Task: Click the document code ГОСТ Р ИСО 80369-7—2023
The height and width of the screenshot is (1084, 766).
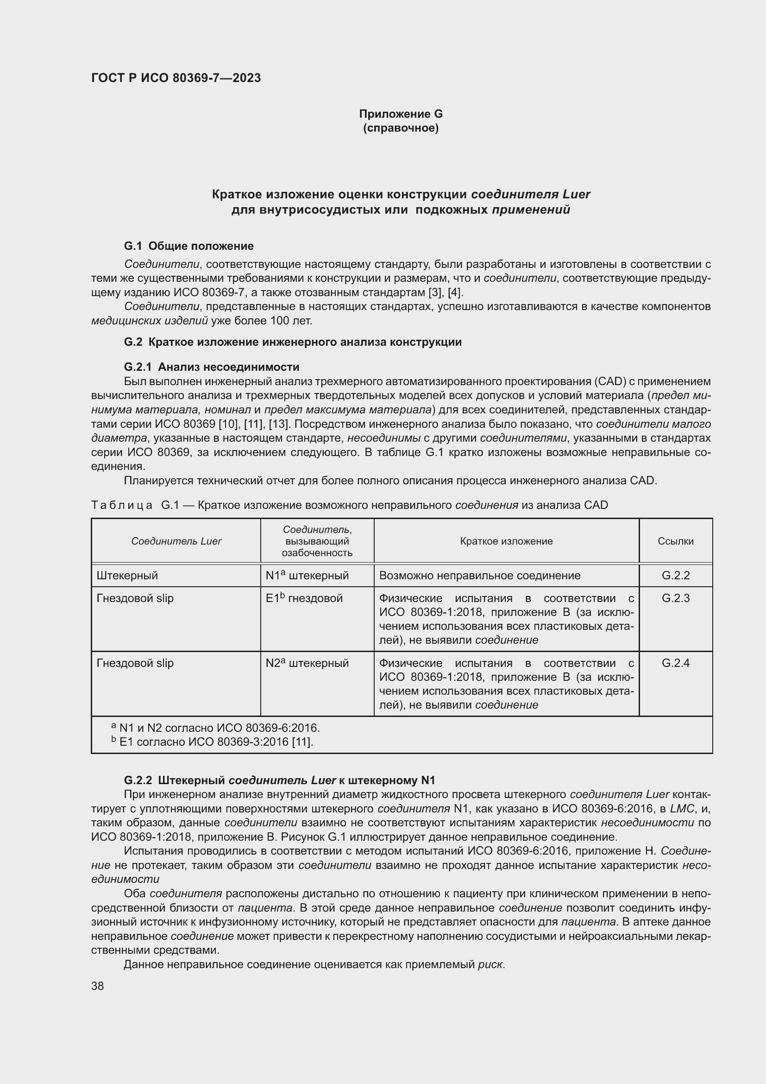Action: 176,78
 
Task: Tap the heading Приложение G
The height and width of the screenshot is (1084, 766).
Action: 401,114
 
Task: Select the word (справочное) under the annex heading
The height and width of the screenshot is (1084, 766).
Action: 401,128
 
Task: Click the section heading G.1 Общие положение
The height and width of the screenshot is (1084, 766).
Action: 188,246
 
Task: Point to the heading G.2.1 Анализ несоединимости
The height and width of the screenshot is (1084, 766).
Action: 211,367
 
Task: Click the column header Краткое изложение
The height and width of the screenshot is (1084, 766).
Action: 506,541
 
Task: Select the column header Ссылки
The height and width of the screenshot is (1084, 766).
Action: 675,541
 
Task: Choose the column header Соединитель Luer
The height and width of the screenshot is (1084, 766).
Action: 176,541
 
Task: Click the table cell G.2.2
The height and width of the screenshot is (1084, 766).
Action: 675,576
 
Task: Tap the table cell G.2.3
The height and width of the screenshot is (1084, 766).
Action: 675,598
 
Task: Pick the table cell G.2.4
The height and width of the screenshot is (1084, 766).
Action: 675,663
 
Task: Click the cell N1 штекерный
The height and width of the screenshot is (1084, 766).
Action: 307,576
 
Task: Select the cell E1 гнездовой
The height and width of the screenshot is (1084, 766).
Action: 304,598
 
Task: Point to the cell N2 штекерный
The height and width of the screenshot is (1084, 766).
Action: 307,663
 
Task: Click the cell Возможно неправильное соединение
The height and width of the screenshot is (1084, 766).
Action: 480,576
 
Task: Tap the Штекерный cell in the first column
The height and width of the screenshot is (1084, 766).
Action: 127,576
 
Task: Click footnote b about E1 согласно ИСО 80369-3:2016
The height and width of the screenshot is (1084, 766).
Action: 212,742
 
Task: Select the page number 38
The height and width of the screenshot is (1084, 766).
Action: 98,986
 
